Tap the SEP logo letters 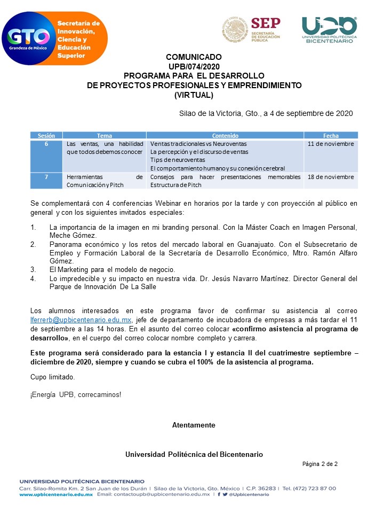pos(265,23)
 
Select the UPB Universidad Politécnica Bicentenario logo pos(329,29)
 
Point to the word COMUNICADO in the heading pos(194,57)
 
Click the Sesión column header pos(46,136)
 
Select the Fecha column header pos(331,136)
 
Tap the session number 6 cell pos(46,144)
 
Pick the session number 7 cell pos(46,177)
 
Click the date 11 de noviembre pos(331,144)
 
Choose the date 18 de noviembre pos(331,177)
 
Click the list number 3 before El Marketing pos(33,269)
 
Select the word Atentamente pos(194,425)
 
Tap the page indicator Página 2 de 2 pos(320,463)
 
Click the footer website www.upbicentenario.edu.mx pos(57,495)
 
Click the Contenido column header pos(225,136)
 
